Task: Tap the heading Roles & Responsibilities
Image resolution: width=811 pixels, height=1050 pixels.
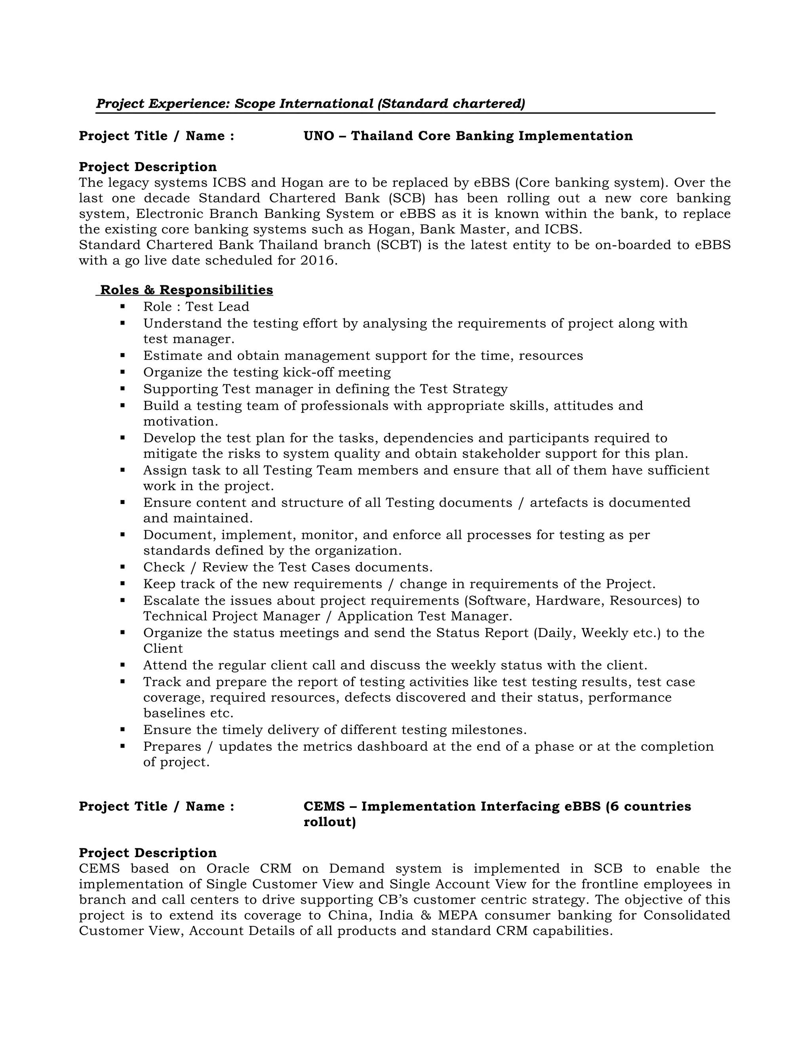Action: point(187,290)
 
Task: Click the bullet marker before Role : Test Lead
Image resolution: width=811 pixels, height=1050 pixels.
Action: point(123,306)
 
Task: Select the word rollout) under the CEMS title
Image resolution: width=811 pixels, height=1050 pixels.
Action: point(329,822)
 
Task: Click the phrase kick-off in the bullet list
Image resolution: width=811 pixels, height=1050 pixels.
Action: point(308,372)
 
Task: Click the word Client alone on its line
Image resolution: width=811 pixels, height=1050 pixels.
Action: point(163,649)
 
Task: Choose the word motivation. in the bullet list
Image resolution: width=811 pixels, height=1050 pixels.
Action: point(181,422)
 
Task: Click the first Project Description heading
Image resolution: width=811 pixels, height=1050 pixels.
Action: point(147,167)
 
